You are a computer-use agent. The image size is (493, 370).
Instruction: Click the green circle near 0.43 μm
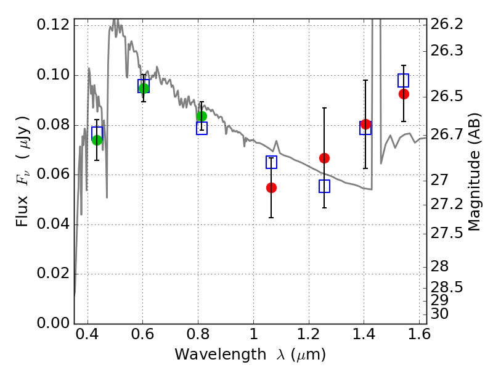click(97, 141)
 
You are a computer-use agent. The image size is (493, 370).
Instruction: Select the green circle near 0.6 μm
click(144, 88)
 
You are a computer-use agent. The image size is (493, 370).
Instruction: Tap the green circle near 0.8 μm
click(202, 117)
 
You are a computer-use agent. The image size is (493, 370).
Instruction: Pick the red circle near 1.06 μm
click(271, 188)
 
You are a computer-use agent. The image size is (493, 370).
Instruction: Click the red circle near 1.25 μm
click(325, 158)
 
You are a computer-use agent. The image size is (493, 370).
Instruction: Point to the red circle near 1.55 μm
click(404, 94)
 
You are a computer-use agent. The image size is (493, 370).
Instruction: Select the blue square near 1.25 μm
click(325, 186)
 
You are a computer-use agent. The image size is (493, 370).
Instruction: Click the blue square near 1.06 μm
click(271, 162)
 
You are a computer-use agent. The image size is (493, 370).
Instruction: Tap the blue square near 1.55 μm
click(404, 81)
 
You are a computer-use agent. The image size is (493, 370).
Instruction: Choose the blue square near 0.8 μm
click(202, 128)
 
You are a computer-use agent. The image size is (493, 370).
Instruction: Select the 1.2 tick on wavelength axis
click(309, 334)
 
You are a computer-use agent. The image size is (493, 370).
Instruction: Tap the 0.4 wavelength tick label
click(87, 334)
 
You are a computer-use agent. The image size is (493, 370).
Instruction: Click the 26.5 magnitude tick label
click(446, 96)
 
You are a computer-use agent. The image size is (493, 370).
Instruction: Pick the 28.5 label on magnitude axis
click(446, 287)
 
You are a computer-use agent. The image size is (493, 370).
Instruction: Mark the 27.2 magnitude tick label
click(446, 205)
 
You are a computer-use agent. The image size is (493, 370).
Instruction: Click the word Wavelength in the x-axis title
click(221, 354)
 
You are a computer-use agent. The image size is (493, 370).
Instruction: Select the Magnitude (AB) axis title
click(474, 172)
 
